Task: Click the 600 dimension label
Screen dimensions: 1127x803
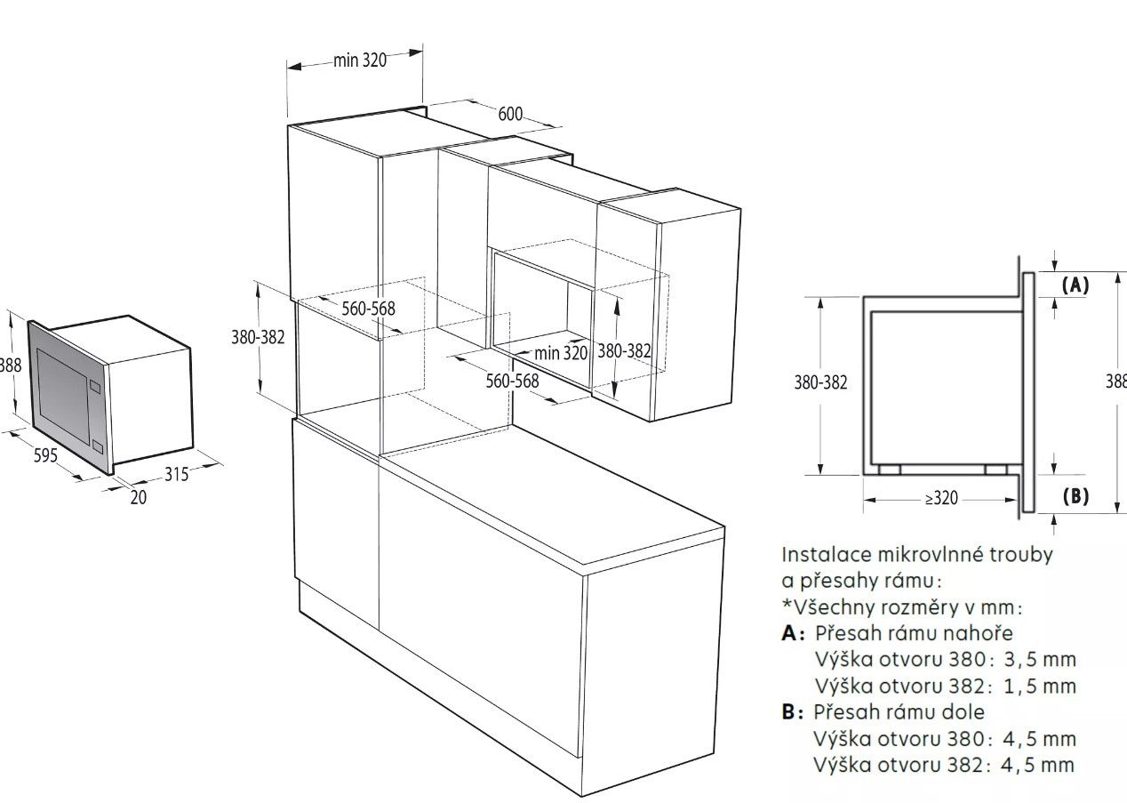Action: (510, 115)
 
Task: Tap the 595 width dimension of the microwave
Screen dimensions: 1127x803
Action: (46, 455)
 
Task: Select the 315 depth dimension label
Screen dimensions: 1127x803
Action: (177, 474)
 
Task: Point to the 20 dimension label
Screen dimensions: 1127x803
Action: (139, 497)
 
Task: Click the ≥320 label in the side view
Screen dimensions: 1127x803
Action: (941, 498)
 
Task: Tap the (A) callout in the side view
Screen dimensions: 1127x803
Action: (1075, 285)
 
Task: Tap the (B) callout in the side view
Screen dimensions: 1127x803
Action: (1075, 496)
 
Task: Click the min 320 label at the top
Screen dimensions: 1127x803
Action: (360, 60)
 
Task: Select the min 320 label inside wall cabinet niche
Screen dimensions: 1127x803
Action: (561, 353)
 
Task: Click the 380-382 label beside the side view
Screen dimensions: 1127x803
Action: (820, 382)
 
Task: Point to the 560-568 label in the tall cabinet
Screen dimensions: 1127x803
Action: (369, 309)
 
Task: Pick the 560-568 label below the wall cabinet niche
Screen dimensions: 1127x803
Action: (512, 381)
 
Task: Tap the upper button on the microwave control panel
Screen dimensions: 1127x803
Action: (94, 387)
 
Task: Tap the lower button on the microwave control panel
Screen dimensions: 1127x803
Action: (97, 446)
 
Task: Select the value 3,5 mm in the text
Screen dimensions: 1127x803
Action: (1040, 659)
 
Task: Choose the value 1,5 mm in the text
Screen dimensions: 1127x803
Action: (1040, 686)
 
